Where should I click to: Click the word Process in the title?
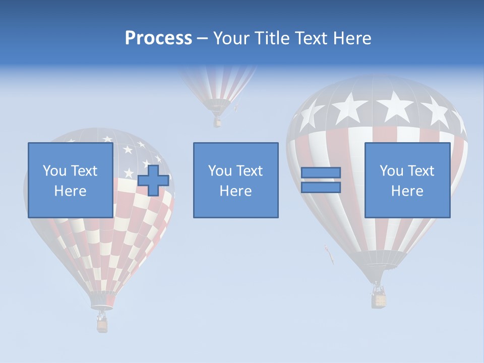click(158, 38)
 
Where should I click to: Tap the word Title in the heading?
click(270, 38)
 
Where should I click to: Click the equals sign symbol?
click(321, 180)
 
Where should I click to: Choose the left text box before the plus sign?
click(70, 180)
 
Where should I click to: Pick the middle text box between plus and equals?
click(235, 180)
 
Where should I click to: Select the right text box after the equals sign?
click(407, 180)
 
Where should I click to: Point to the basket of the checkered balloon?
click(102, 325)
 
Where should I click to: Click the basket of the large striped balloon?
click(379, 299)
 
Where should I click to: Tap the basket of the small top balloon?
click(217, 122)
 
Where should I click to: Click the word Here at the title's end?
click(353, 38)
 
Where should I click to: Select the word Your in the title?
click(232, 38)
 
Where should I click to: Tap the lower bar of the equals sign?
click(321, 188)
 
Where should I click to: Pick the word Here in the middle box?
click(235, 191)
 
